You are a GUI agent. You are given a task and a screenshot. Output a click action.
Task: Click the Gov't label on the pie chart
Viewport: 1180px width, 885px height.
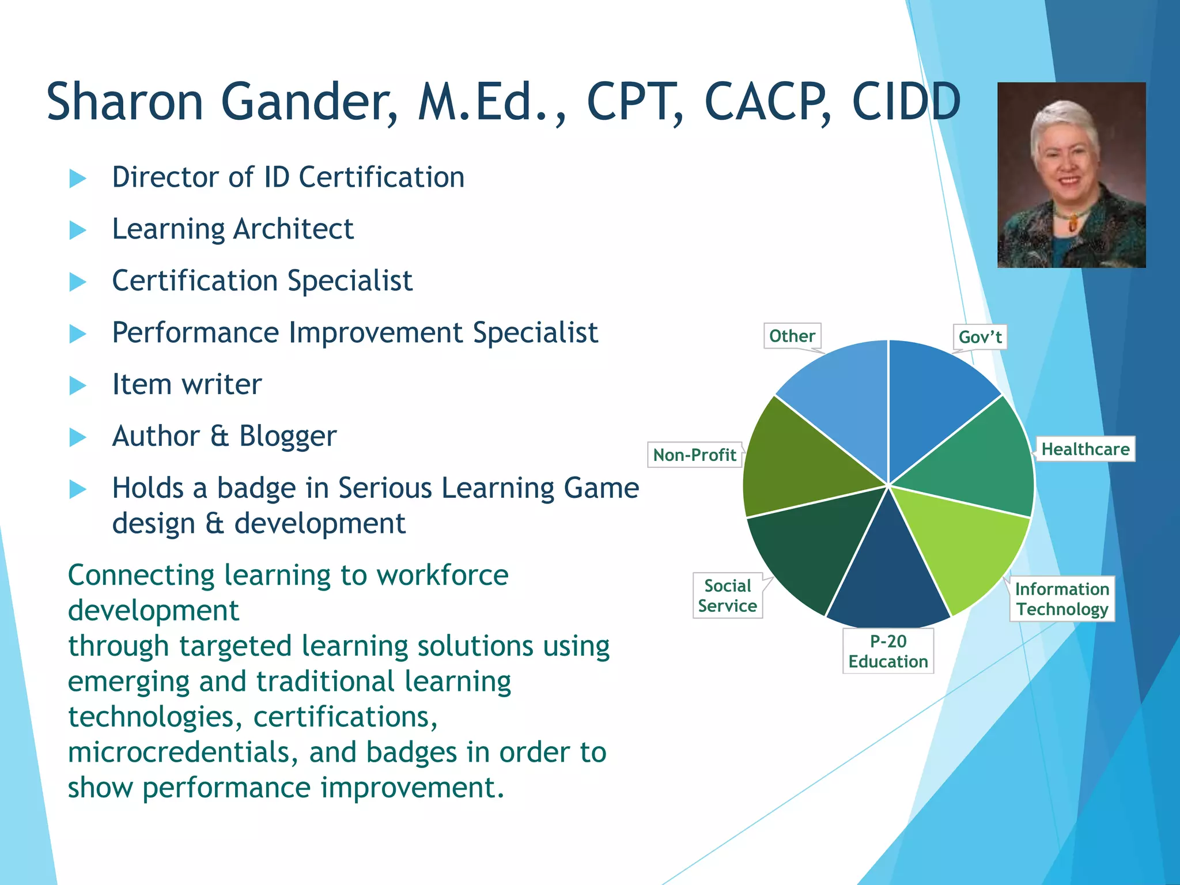pyautogui.click(x=979, y=337)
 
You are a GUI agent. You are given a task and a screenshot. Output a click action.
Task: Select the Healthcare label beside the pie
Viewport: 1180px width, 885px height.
pyautogui.click(x=1085, y=449)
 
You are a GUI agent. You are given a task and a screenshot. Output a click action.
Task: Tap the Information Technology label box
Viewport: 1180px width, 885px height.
pyautogui.click(x=1062, y=599)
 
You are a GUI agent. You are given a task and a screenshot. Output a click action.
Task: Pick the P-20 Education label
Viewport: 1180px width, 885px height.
pyautogui.click(x=888, y=651)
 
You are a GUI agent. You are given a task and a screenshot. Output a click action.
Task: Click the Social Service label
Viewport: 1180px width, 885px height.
pyautogui.click(x=727, y=596)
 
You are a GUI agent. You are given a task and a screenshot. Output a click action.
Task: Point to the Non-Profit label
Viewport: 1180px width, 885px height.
pyautogui.click(x=694, y=455)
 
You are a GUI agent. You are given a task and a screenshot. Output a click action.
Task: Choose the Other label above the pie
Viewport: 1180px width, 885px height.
pyautogui.click(x=792, y=336)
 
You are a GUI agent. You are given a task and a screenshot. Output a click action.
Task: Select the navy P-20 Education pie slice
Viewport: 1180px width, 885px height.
pyautogui.click(x=887, y=582)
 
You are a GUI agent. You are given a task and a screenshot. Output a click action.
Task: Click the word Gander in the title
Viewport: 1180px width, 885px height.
pyautogui.click(x=309, y=103)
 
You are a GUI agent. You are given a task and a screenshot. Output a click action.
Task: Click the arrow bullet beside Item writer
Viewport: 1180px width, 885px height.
pyautogui.click(x=77, y=385)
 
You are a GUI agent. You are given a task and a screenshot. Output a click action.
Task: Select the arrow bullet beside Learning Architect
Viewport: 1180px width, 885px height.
pyautogui.click(x=77, y=230)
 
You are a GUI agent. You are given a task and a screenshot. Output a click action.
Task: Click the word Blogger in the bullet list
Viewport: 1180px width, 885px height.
pyautogui.click(x=288, y=436)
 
